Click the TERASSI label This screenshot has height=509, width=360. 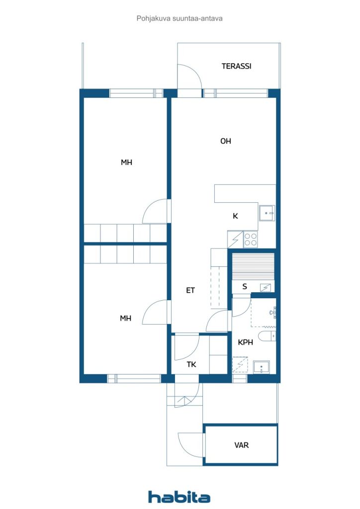point(236,66)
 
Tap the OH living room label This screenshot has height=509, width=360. point(226,141)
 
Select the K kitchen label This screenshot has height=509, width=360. point(235,216)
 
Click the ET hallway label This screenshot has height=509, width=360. point(190,290)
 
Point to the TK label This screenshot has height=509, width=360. point(191,364)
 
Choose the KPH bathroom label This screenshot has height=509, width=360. point(245,342)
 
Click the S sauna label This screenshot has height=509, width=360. point(245,286)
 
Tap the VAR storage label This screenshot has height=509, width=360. point(242,445)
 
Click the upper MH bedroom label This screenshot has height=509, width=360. point(126,162)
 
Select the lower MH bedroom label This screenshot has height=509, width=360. point(125,318)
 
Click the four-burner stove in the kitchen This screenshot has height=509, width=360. point(251,240)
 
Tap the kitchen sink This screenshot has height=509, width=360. point(267,213)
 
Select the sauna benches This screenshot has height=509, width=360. point(254,266)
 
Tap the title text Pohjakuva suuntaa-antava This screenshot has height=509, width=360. point(180,18)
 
